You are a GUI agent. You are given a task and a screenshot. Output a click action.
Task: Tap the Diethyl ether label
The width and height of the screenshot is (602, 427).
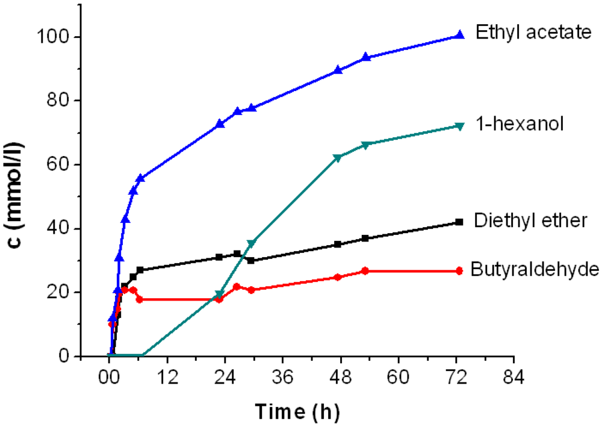[x=529, y=220]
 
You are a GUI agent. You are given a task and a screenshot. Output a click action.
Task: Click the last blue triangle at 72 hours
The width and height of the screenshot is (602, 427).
[x=460, y=35]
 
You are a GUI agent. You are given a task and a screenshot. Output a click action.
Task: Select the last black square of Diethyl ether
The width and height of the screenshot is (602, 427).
[x=460, y=222]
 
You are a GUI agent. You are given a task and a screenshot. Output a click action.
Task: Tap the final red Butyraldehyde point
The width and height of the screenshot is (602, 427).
[x=460, y=271]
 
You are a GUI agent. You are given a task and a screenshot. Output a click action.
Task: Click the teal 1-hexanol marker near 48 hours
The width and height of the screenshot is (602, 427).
[x=338, y=158]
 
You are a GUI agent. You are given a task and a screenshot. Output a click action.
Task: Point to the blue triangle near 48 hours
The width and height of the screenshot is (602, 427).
[x=338, y=70]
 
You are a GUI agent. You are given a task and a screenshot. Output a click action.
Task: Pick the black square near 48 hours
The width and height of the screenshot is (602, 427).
[x=338, y=245]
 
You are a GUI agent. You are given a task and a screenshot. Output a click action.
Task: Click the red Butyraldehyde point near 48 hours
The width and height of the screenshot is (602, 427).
[x=338, y=277]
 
